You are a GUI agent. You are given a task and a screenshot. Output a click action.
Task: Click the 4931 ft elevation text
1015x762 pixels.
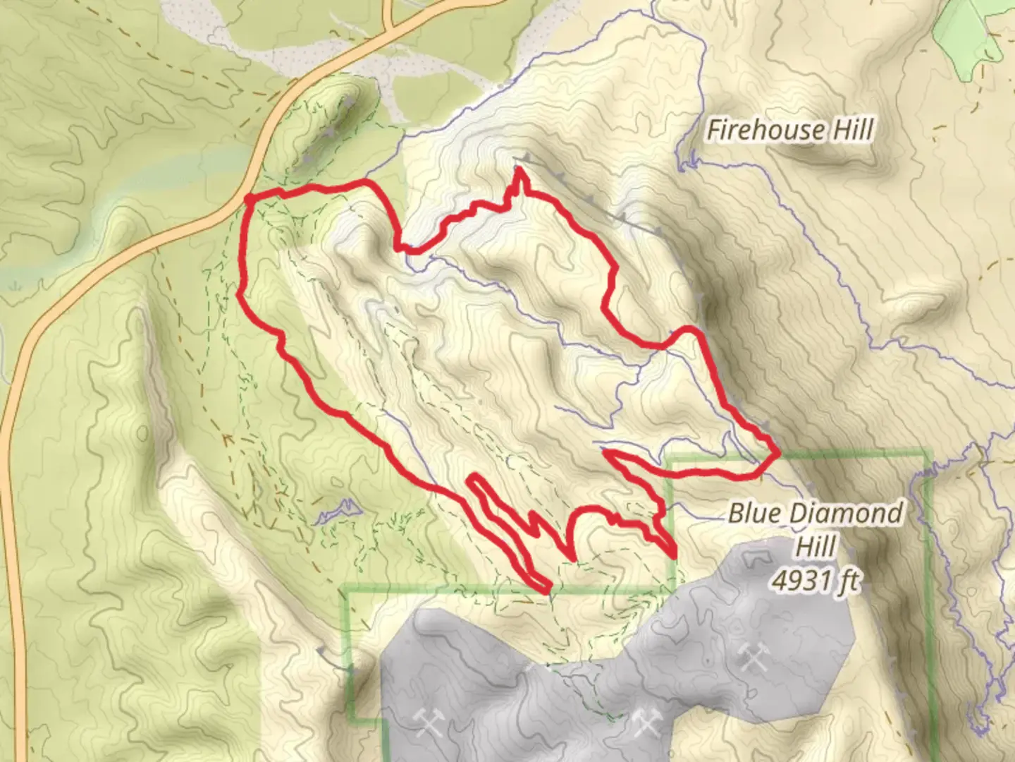click(x=816, y=580)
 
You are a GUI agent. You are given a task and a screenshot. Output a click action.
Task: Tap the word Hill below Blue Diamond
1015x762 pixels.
click(x=818, y=545)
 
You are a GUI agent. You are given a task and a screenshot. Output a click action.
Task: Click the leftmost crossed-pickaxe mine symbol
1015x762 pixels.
click(x=429, y=722)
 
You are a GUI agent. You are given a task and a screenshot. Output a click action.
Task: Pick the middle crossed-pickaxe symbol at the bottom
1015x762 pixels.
click(x=646, y=721)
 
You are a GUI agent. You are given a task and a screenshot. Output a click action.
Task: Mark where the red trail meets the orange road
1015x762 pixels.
click(x=250, y=199)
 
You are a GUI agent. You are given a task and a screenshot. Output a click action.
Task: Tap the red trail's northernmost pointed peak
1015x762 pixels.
click(x=519, y=171)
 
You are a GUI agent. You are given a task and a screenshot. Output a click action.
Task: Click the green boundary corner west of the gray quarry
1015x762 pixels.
click(x=346, y=589)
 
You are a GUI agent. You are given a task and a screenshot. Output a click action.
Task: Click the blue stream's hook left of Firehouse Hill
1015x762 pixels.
click(x=684, y=162)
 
